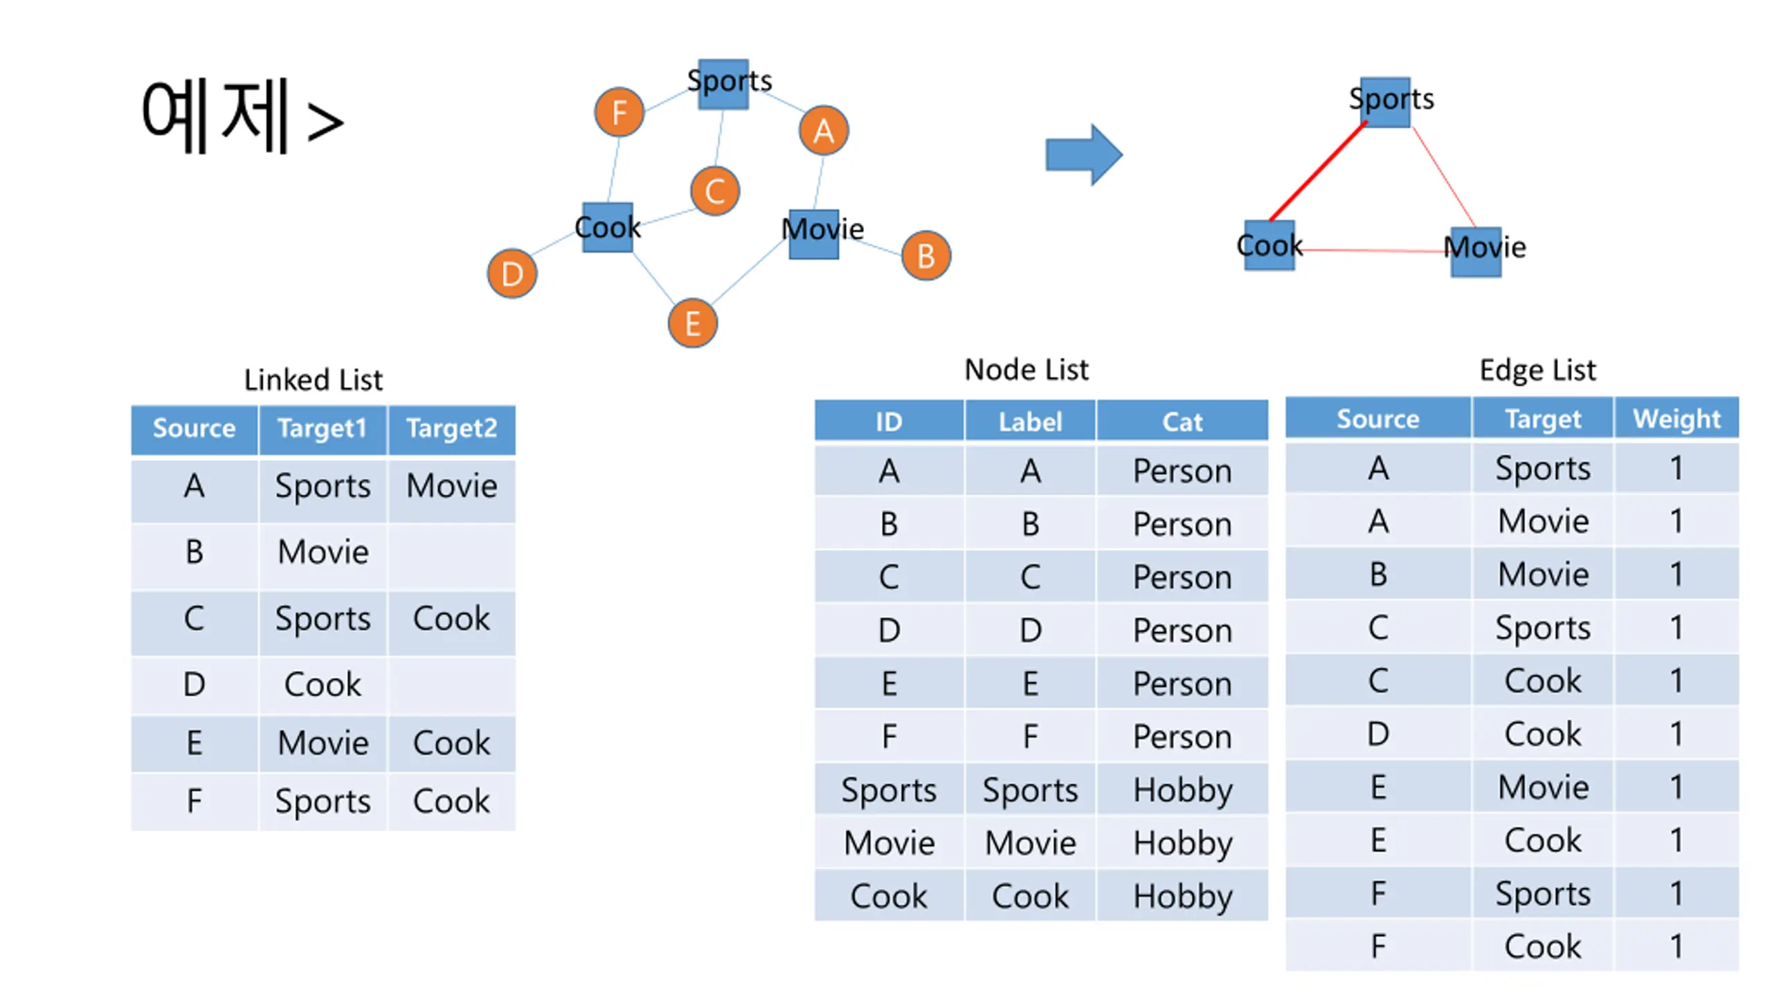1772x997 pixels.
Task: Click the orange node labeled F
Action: coord(619,112)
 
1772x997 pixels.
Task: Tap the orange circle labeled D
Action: coord(512,273)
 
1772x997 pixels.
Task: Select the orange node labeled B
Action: coord(925,255)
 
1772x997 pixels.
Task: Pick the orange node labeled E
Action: coord(692,323)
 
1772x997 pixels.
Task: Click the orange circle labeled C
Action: coord(714,190)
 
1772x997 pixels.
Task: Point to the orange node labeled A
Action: coord(823,130)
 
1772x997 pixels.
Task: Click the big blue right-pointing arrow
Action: coord(1083,154)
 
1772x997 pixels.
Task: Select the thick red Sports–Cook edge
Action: coord(1317,171)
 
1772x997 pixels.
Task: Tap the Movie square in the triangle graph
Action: coord(1476,251)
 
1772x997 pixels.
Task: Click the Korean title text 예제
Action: coord(215,116)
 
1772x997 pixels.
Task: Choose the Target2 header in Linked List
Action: coord(451,429)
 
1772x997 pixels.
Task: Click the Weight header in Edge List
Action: coord(1676,419)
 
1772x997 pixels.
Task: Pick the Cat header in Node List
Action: coord(1182,422)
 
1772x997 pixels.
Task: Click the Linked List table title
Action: coord(313,379)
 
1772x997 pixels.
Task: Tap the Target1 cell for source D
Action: coord(323,684)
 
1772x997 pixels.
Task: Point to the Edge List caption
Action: coord(1537,370)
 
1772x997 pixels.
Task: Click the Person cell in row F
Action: coord(1182,737)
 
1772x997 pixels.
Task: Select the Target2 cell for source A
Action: coord(451,485)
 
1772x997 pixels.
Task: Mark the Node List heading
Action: coord(1027,370)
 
